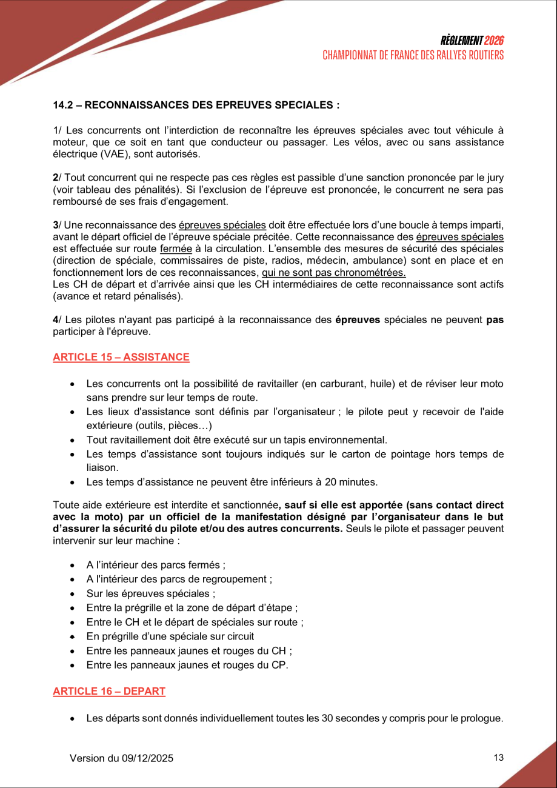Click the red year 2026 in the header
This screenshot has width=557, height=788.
tap(494, 41)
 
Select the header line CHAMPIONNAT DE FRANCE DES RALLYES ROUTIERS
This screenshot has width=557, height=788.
tap(413, 55)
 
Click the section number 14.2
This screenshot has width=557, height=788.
tap(65, 105)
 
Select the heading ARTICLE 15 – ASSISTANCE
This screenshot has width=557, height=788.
tap(121, 357)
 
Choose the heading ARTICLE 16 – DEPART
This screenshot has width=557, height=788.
tap(109, 691)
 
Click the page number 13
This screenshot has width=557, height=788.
tap(499, 757)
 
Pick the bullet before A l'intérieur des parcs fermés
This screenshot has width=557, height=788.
tap(73, 566)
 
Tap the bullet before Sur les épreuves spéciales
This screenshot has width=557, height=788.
tap(73, 594)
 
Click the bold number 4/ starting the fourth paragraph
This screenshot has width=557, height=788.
tap(56, 319)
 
